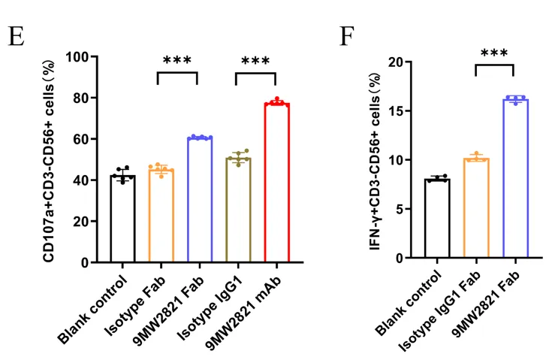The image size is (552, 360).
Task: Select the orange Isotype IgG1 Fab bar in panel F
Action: click(x=476, y=207)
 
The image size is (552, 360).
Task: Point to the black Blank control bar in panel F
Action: click(x=437, y=218)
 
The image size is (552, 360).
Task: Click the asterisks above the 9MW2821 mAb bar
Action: click(x=255, y=61)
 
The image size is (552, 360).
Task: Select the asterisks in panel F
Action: click(x=494, y=53)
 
